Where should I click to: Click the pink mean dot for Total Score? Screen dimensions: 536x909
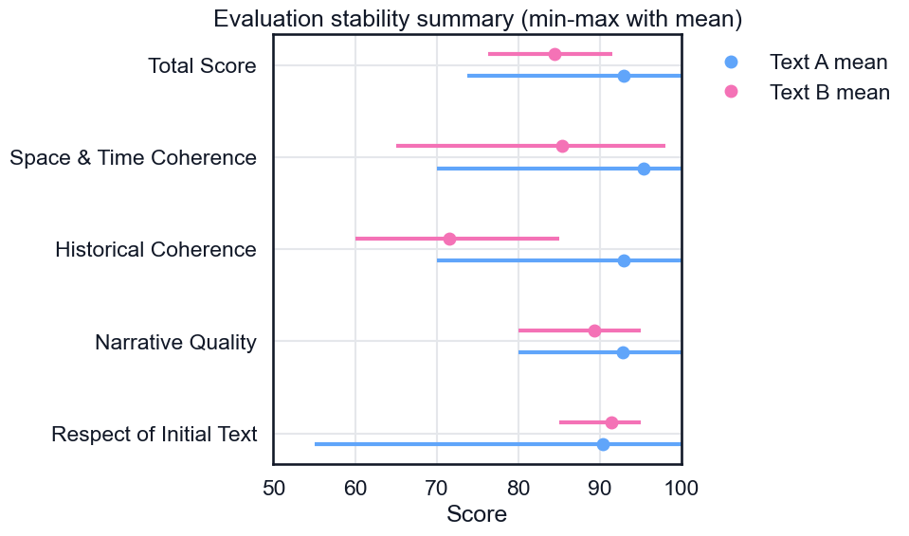[x=554, y=54]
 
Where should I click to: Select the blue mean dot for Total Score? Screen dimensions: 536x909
[x=624, y=76]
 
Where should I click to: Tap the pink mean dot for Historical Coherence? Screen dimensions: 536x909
[x=449, y=239]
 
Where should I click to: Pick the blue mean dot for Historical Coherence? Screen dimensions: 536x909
[x=624, y=260]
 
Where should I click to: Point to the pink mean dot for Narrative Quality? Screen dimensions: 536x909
[x=594, y=331]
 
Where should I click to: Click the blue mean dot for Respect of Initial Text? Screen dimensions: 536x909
[x=603, y=444]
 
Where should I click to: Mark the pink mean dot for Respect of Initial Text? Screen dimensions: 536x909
[x=611, y=422]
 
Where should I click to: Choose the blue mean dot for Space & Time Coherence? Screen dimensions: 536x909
[x=644, y=169]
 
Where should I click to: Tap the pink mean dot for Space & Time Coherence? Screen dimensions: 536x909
[x=562, y=146]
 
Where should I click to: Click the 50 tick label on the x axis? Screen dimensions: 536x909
[x=273, y=489]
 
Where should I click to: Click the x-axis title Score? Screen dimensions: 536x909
[x=477, y=514]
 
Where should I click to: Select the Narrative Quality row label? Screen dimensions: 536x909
[x=175, y=342]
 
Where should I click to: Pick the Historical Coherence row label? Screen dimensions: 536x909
[x=155, y=250]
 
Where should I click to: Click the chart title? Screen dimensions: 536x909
[x=477, y=19]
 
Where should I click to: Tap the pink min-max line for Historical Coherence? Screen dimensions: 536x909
[x=502, y=239]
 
